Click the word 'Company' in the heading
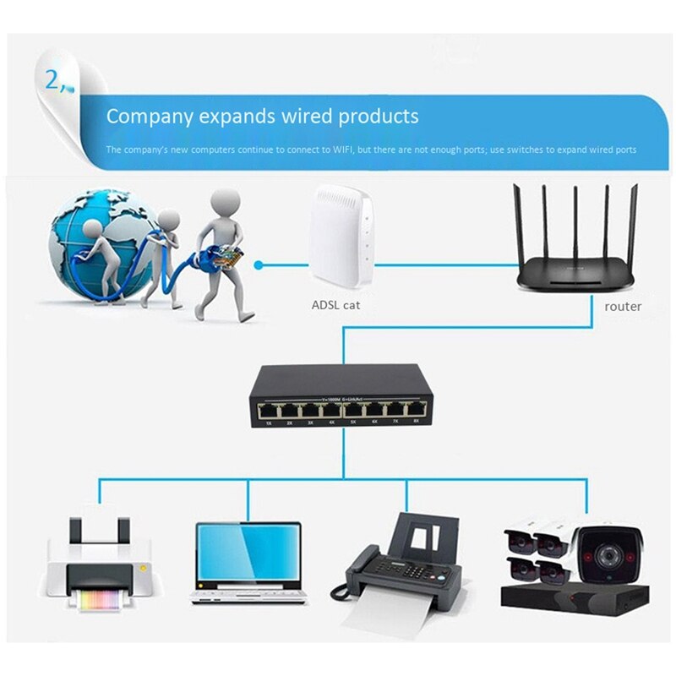(x=149, y=116)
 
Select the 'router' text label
(x=623, y=306)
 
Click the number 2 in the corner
(x=52, y=80)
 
